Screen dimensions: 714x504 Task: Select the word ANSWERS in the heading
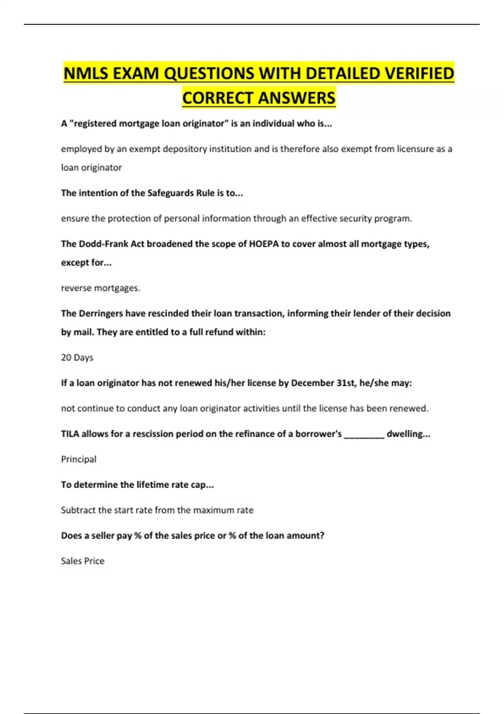297,98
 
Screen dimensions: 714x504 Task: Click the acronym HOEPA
264,244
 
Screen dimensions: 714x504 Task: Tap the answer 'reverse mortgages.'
101,288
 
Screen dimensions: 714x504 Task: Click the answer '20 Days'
77,357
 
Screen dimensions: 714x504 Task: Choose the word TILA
70,434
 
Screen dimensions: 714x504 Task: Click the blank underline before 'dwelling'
364,435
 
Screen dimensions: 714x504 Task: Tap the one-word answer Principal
79,459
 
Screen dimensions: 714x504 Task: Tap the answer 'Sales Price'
83,561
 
